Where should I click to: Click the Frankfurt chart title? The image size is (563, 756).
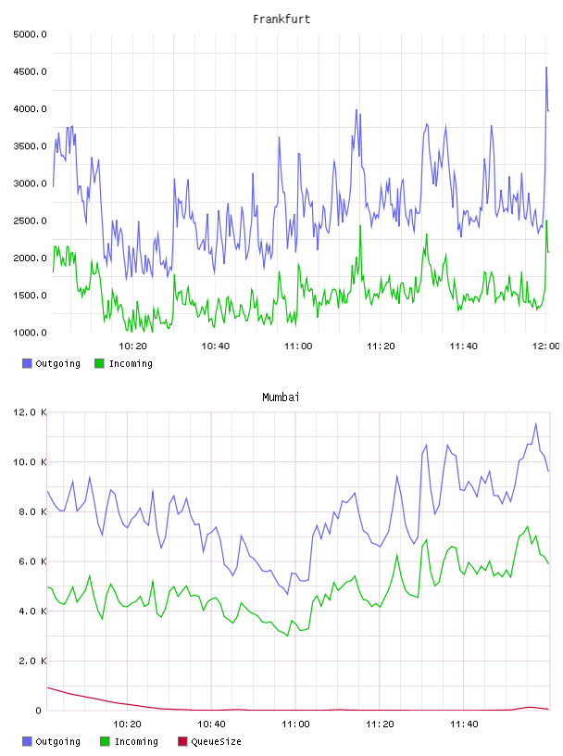coord(281,19)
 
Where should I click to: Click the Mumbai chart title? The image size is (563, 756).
coord(281,397)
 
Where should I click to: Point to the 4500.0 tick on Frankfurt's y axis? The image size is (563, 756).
coord(30,71)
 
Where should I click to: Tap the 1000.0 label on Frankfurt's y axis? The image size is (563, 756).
coord(30,333)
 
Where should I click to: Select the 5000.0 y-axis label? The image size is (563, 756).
coord(30,34)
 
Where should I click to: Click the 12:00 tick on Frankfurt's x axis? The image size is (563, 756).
coord(545,346)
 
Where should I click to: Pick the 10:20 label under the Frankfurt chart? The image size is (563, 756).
coord(132,346)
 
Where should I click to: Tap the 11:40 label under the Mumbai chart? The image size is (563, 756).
coord(464,724)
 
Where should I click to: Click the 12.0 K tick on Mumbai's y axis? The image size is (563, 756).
coord(30,412)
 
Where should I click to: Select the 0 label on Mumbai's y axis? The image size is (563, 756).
coord(39,711)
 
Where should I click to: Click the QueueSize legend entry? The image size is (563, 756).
coord(209,741)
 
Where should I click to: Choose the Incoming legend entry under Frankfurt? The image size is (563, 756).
coord(124,363)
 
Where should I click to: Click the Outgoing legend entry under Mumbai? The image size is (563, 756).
coord(52,741)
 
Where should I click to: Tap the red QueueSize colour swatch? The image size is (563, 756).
coord(182,741)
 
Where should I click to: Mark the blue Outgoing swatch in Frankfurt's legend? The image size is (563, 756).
coord(27,363)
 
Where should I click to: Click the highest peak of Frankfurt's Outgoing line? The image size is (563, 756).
coord(546,68)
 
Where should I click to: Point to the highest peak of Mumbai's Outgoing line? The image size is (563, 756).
coord(536,423)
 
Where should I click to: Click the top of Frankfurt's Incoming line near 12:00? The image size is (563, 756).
coord(546,220)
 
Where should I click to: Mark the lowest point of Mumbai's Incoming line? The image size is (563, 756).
coord(288,636)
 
